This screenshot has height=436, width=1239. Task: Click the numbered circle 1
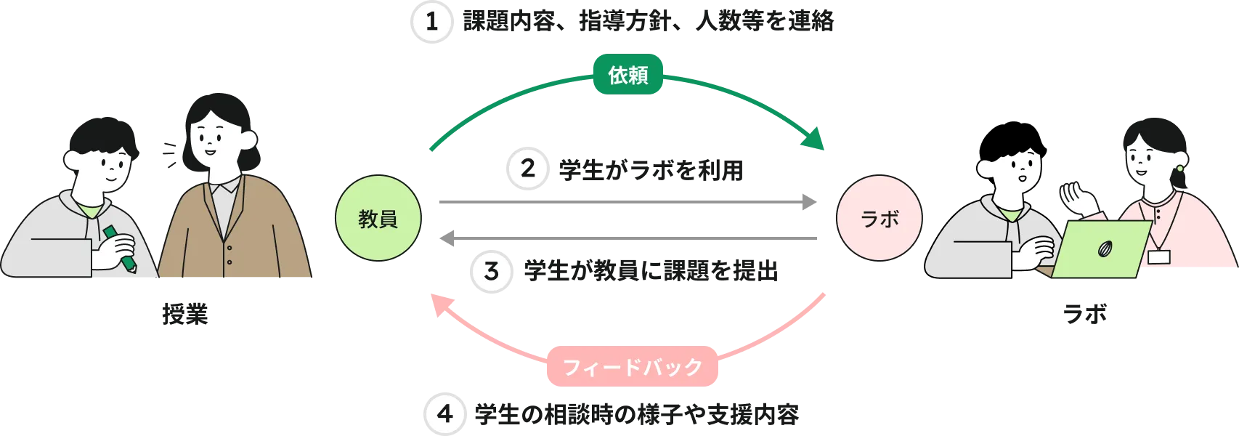pos(431,23)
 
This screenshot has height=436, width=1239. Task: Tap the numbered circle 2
pos(528,169)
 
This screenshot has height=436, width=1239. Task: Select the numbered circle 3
pos(491,272)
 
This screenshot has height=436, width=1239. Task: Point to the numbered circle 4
pos(444,414)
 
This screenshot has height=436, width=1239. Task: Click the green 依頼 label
pos(628,75)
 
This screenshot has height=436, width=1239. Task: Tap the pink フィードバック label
pos(633,367)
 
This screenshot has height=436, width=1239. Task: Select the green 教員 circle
pos(378,219)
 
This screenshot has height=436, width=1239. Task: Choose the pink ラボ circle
pos(880,219)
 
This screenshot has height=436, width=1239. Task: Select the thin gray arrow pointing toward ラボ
pos(625,201)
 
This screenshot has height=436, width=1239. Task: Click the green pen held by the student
pos(120,248)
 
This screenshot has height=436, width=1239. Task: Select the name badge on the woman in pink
pos(1158,257)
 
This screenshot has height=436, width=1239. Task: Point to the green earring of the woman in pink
pos(1179,169)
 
